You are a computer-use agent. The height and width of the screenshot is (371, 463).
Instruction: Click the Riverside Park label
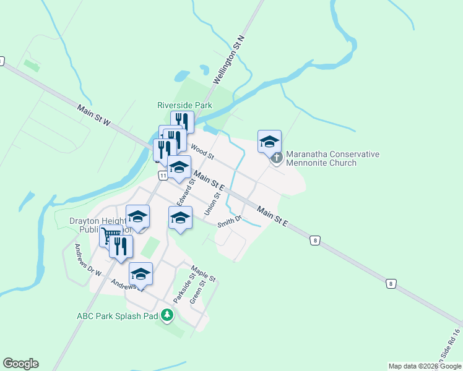(184, 105)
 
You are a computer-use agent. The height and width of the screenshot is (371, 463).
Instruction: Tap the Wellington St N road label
(230, 60)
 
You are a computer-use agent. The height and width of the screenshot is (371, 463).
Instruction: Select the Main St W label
(93, 116)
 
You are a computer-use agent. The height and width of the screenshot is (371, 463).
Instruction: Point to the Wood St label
(202, 149)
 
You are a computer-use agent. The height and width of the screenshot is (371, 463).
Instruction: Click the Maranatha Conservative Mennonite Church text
(332, 158)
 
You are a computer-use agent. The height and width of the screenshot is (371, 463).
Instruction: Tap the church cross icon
(277, 158)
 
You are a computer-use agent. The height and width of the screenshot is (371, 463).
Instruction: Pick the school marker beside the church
(269, 142)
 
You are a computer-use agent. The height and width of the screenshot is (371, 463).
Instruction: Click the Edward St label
(186, 190)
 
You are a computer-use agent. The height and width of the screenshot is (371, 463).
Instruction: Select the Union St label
(212, 203)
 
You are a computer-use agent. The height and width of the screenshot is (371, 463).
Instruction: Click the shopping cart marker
(110, 235)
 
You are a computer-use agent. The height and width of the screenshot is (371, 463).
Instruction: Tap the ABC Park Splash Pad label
(117, 315)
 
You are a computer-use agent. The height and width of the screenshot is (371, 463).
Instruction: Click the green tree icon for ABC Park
(167, 315)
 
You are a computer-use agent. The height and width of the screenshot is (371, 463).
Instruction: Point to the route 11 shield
(162, 176)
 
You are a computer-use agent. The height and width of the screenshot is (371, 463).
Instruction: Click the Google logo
(20, 364)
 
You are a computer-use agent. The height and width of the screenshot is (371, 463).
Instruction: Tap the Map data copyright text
(425, 366)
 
